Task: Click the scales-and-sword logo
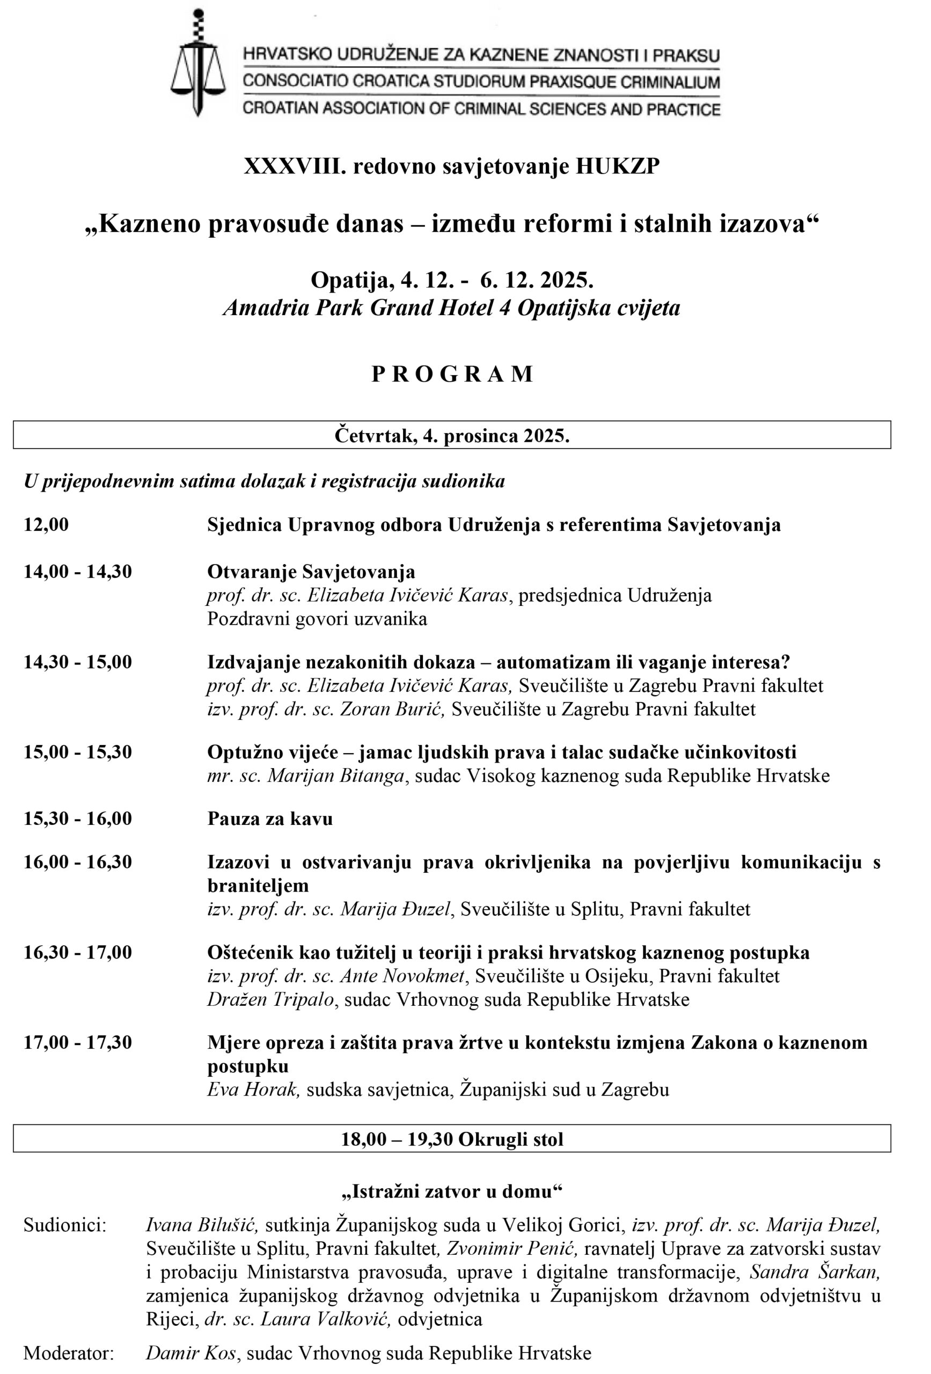tap(198, 62)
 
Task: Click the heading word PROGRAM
tap(452, 374)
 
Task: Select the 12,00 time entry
tap(46, 524)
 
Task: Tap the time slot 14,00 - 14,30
tap(77, 572)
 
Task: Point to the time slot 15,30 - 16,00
tap(77, 819)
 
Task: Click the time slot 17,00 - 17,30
tap(77, 1043)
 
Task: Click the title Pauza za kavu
tap(269, 819)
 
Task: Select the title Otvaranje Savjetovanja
tap(311, 572)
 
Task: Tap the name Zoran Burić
tap(391, 709)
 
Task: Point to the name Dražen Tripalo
tap(272, 1000)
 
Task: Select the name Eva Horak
tap(252, 1090)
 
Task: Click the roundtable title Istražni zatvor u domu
tap(452, 1192)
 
